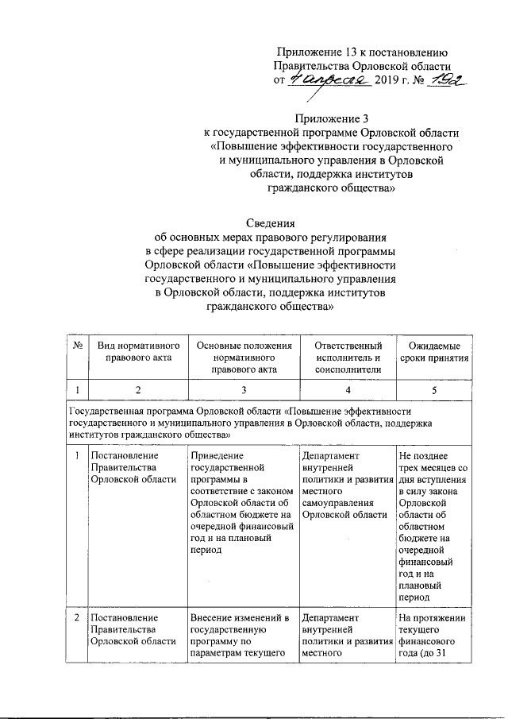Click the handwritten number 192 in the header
442,80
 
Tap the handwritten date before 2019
327,80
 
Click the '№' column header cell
78,346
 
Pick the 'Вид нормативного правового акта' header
138,352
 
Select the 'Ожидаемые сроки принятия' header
434,352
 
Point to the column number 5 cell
434,390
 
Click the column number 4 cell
348,390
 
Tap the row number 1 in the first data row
77,456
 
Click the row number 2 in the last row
77,617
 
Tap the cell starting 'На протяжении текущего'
433,636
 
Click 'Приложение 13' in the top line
315,52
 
